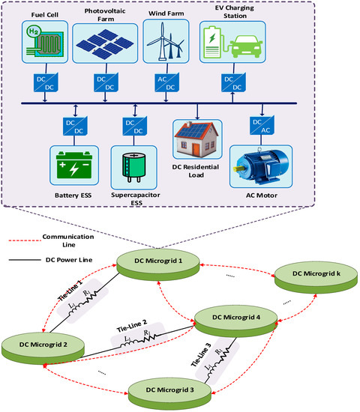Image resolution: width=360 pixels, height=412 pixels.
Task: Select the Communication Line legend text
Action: click(79, 240)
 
